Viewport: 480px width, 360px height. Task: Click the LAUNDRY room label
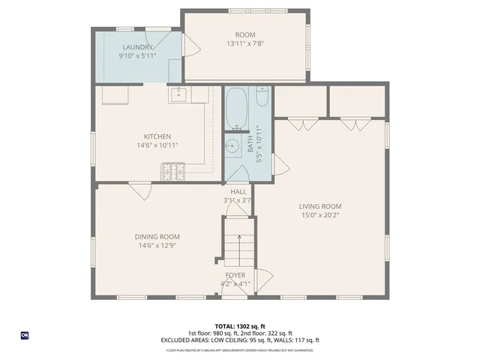[138, 46]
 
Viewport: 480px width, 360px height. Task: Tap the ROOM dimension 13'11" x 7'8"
[245, 43]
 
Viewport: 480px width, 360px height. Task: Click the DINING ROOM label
[158, 237]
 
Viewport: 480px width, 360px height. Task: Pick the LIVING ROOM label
[320, 207]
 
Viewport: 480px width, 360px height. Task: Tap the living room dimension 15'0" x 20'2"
[320, 216]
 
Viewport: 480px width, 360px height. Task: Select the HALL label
[238, 191]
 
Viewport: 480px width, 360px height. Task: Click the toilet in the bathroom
[261, 98]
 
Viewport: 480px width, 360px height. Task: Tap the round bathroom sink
[233, 147]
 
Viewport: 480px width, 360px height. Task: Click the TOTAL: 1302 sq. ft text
[239, 327]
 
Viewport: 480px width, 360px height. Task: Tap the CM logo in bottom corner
[25, 335]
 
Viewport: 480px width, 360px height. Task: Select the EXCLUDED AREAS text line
[239, 340]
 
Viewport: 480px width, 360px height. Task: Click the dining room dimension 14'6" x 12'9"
[158, 246]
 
